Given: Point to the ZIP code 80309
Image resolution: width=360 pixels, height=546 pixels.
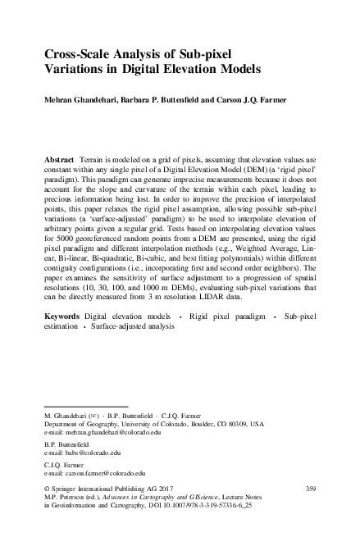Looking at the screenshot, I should pyautogui.click(x=239, y=424).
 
